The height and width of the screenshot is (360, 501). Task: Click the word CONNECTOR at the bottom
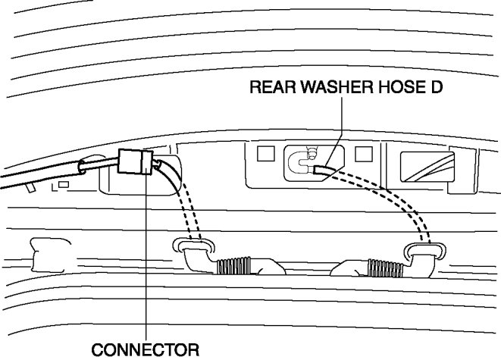click(145, 350)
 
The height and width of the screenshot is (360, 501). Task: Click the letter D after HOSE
click(437, 88)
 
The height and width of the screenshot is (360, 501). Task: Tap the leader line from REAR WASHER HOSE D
click(342, 129)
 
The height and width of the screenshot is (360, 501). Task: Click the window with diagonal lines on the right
click(428, 165)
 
